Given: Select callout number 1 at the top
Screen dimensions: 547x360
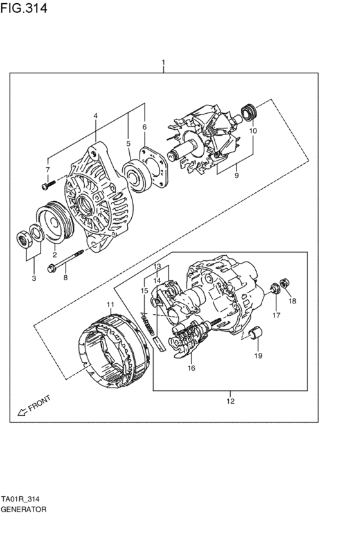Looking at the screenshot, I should (x=163, y=63).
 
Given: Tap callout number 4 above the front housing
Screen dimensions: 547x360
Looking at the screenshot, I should (x=95, y=116).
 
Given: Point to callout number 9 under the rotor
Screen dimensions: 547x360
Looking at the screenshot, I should (x=236, y=175).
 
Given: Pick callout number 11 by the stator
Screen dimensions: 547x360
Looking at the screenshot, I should (x=110, y=304).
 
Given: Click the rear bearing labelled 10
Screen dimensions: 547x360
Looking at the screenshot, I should (x=248, y=113).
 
